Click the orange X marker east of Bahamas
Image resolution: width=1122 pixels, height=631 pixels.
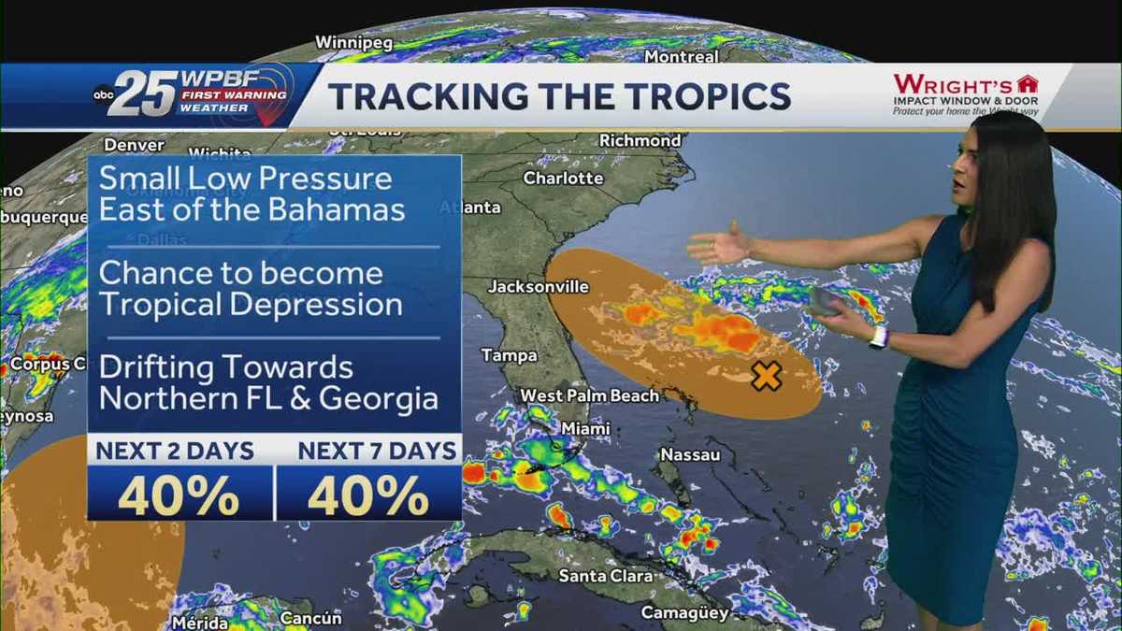coord(767,377)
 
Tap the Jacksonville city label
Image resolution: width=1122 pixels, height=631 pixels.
coord(539,286)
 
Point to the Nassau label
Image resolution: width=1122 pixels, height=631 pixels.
coord(690,454)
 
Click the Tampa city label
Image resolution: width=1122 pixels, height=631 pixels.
coord(509,355)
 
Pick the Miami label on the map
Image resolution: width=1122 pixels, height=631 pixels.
coord(585,428)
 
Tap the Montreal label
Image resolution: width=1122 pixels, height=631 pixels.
coord(682,56)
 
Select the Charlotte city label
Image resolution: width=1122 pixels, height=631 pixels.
coord(563,178)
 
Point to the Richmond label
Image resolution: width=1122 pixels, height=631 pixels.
coord(640,140)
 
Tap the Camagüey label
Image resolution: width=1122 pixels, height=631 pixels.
coord(685,613)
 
